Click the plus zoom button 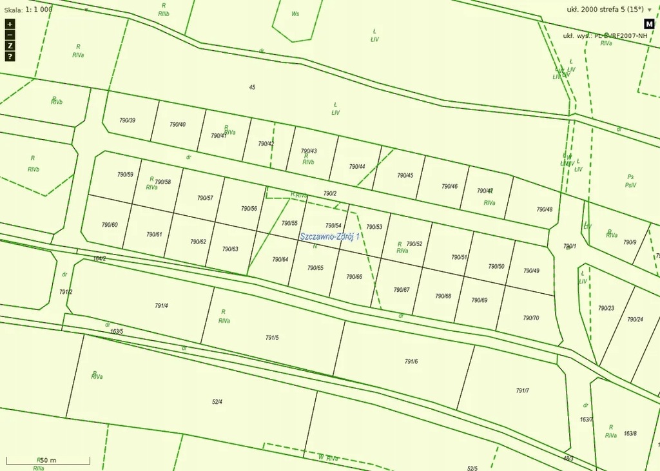[10, 24]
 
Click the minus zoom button [10, 35]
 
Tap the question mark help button [10, 57]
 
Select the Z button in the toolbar [10, 46]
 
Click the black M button [649, 24]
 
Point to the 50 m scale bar [48, 460]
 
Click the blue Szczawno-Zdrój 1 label [329, 236]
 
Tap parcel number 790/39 [128, 120]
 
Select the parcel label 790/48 [545, 209]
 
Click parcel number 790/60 [110, 225]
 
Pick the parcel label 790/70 [531, 318]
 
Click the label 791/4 [161, 305]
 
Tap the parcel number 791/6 [411, 361]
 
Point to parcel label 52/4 [217, 402]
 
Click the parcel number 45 [252, 87]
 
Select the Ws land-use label [295, 14]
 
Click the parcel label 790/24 [635, 319]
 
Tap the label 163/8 [630, 434]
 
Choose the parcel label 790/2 [330, 193]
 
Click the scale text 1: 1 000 [39, 10]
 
